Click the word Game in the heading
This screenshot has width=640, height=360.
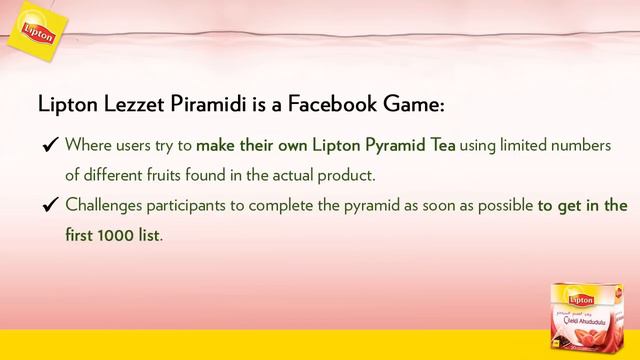point(415,104)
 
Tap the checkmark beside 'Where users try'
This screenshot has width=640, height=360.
point(46,148)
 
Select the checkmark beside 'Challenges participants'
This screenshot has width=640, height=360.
point(46,207)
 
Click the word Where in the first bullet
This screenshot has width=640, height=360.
point(88,147)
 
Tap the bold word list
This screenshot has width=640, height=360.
point(148,236)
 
